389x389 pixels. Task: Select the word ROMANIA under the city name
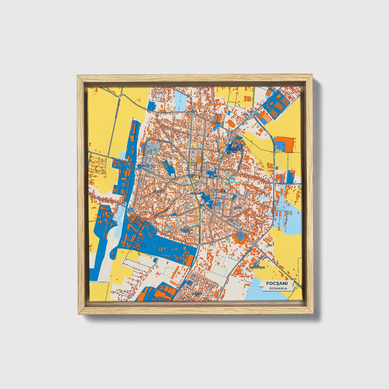pyautogui.click(x=278, y=288)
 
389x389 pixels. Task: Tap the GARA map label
pyautogui.click(x=145, y=166)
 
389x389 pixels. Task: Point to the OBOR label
pyautogui.click(x=194, y=111)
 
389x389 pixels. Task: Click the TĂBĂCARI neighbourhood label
pyautogui.click(x=159, y=191)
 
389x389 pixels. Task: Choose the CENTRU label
pyautogui.click(x=194, y=194)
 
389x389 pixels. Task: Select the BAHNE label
pyautogui.click(x=237, y=208)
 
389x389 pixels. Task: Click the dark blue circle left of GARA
pyautogui.click(x=139, y=166)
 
